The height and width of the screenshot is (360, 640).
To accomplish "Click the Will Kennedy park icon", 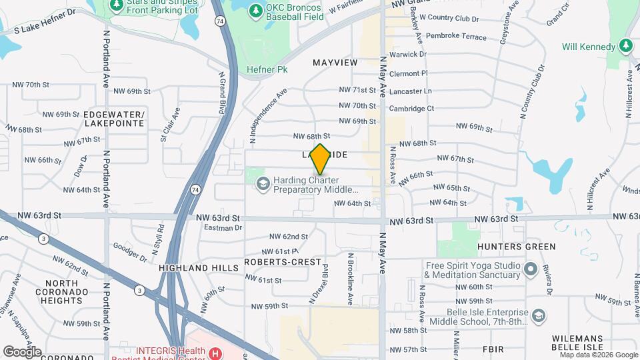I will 626,46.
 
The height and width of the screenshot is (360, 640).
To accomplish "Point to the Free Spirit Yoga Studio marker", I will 531,270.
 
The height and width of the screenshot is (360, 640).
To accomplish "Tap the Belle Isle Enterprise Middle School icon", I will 537,315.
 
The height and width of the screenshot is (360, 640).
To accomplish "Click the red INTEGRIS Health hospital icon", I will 215,353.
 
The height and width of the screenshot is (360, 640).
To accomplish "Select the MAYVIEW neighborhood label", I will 335,62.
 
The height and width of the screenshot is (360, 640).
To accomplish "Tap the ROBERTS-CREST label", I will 283,262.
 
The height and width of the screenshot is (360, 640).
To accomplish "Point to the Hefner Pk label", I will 267,69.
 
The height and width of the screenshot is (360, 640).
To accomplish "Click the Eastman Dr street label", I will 223,228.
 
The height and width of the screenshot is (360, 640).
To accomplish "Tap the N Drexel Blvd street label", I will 319,284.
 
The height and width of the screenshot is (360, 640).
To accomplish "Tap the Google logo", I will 22,351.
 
